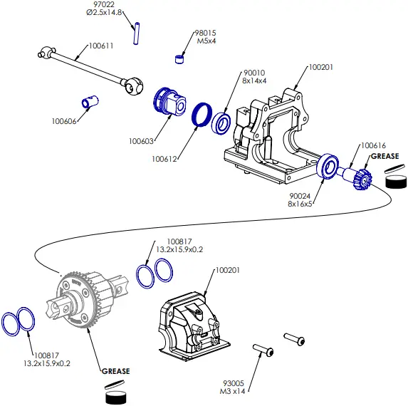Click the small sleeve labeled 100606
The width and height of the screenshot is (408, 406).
click(x=90, y=102)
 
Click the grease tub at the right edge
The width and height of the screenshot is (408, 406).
click(x=396, y=179)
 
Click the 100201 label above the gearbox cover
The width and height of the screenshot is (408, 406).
click(x=228, y=271)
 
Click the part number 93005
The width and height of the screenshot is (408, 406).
click(x=234, y=382)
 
